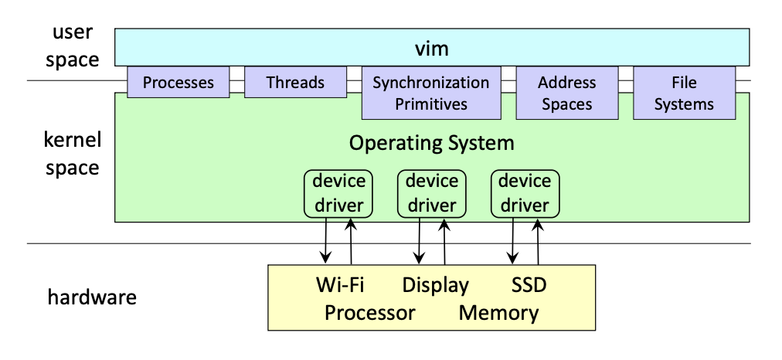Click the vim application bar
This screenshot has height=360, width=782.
coord(432,49)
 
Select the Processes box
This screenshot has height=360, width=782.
coord(178,82)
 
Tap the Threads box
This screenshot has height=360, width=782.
coord(295,82)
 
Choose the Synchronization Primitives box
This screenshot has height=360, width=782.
coord(431,93)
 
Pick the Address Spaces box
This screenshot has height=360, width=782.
coord(566,93)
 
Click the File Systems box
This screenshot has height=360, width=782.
coord(684,93)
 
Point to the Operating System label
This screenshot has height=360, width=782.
coord(431,143)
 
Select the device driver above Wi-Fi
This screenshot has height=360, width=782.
coord(338,193)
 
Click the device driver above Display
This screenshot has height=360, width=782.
coord(432,193)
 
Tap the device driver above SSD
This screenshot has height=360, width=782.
coord(525,193)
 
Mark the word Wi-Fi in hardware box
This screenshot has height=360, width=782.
coord(340,285)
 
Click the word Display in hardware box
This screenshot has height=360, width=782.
coord(435,285)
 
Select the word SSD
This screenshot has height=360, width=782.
coord(529,285)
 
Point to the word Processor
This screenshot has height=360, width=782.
coord(369,313)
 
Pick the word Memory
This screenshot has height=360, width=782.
coord(498,313)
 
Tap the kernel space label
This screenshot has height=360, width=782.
coord(72,154)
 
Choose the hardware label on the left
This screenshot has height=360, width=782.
coord(92,297)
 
